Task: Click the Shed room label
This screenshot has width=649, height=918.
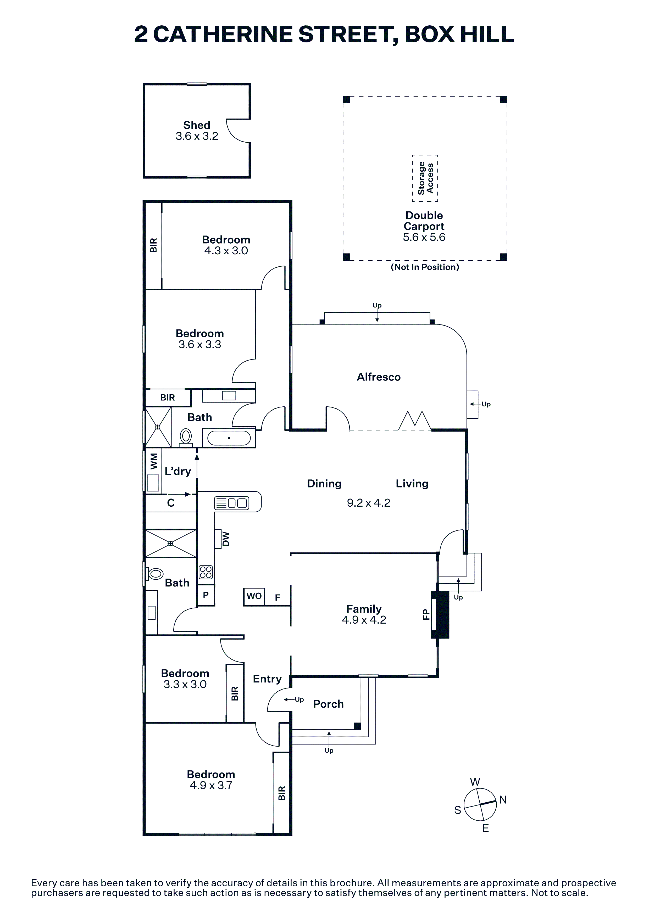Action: pyautogui.click(x=197, y=125)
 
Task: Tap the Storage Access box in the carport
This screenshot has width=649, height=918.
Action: pyautogui.click(x=425, y=178)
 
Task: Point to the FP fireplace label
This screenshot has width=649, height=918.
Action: pyautogui.click(x=426, y=614)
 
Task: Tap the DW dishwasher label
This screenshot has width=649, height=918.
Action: pyautogui.click(x=226, y=539)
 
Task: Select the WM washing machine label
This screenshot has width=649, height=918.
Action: pyautogui.click(x=154, y=461)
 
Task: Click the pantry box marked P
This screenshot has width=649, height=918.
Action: pyautogui.click(x=206, y=595)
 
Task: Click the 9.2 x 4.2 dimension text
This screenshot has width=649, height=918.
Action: pyautogui.click(x=368, y=503)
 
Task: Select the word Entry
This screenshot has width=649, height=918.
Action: pyautogui.click(x=267, y=679)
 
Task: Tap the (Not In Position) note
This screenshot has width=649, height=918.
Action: pyautogui.click(x=425, y=267)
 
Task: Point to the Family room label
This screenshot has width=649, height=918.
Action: pyautogui.click(x=364, y=609)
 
